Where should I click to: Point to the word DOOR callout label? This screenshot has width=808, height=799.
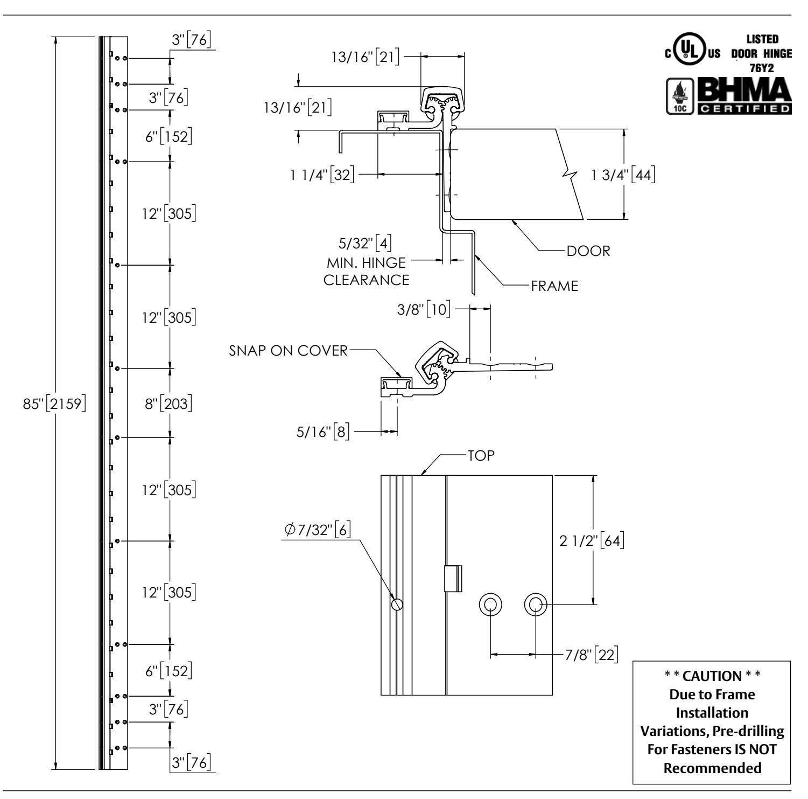click(x=588, y=251)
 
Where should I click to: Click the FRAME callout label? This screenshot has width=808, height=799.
click(x=554, y=286)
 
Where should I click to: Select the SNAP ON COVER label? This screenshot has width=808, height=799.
click(x=289, y=351)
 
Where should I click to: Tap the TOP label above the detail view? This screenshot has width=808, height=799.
click(x=481, y=455)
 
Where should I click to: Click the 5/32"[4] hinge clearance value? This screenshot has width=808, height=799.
click(x=365, y=244)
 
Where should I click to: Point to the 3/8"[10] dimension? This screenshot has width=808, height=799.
click(x=424, y=311)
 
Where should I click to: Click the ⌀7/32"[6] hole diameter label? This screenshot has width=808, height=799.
click(x=318, y=530)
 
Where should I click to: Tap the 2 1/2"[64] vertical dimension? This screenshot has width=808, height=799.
click(x=592, y=540)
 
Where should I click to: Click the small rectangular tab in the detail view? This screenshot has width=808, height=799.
click(x=453, y=579)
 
